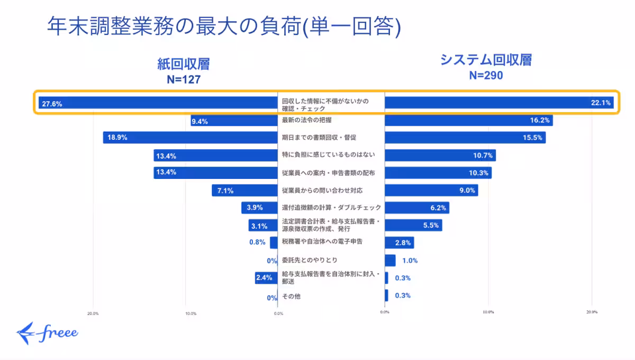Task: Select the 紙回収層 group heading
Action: point(183,64)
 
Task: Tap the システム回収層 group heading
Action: point(486,60)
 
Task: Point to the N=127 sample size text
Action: point(183,79)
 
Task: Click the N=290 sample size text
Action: point(486,75)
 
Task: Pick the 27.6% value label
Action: point(52,104)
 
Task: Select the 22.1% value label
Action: point(601,103)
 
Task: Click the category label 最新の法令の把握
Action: point(305,120)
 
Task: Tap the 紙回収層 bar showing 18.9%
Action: point(190,138)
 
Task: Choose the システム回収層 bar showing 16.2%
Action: point(468,121)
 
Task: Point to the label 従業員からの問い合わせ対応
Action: point(322,190)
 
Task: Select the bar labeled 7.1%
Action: point(244,191)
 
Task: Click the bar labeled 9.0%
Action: point(431,191)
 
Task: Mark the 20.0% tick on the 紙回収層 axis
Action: point(93,313)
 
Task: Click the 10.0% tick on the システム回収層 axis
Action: point(488,312)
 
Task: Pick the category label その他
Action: point(291,296)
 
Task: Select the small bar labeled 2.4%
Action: point(266,278)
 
